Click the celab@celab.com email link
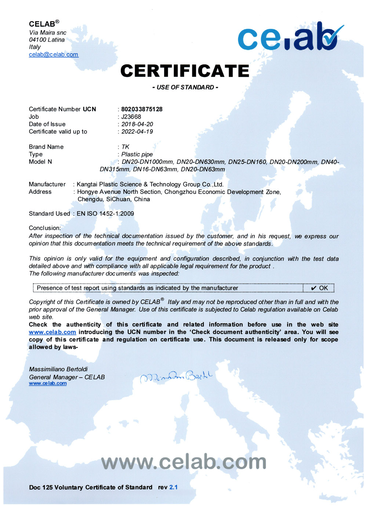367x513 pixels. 54,54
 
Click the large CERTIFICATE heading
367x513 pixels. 185,71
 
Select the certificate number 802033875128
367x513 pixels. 142,109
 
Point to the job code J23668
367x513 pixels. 131,117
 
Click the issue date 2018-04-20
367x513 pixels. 137,124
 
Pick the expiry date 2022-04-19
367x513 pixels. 137,131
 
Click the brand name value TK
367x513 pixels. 125,147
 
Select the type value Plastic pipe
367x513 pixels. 137,154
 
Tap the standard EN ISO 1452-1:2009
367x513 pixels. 105,214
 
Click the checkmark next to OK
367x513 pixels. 313,288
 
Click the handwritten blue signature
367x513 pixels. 176,376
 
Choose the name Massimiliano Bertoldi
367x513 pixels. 58,369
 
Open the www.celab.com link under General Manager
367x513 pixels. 48,383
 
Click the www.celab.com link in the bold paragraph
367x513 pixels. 52,332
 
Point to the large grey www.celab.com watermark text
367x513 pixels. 183,462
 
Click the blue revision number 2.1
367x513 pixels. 173,487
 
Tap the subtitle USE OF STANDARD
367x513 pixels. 185,87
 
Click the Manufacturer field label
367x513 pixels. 47,184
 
